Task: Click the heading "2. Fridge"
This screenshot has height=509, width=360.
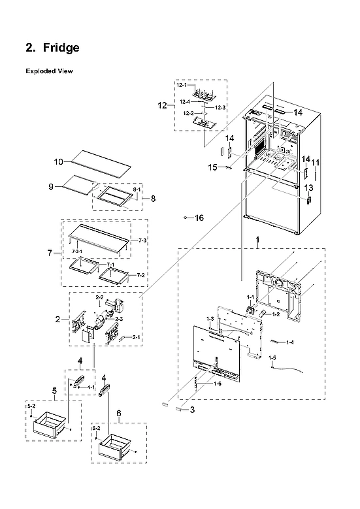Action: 52,48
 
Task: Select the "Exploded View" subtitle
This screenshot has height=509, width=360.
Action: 48,71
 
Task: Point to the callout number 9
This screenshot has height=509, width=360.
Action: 50,187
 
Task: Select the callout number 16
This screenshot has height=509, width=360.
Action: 199,218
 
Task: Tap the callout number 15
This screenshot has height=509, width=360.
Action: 212,167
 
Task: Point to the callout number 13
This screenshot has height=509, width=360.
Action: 308,188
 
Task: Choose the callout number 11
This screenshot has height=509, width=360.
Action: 316,161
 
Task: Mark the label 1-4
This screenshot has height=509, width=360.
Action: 289,342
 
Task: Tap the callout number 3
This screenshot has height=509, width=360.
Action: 193,410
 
